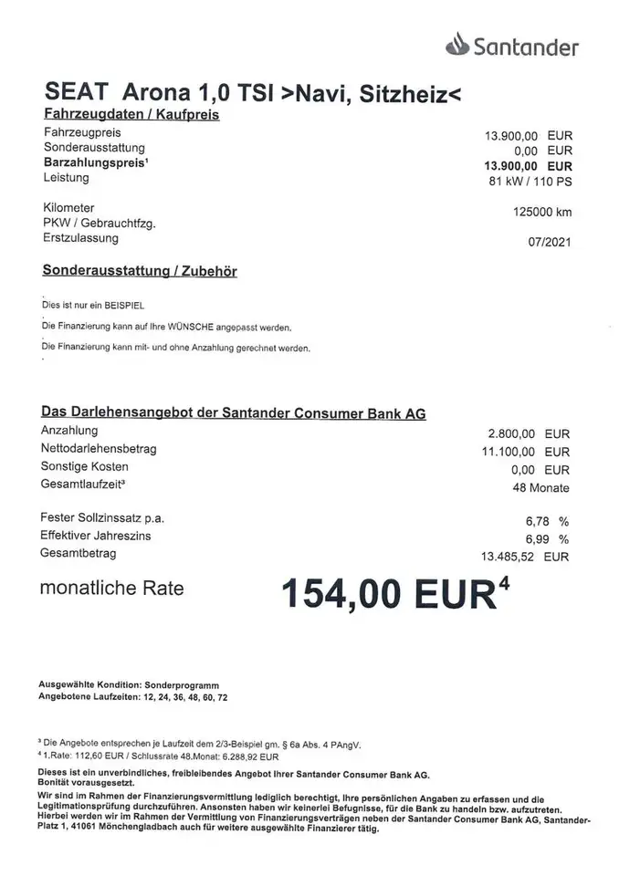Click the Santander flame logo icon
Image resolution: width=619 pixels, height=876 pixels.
point(456,44)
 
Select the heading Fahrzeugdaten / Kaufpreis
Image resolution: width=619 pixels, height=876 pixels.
point(131,115)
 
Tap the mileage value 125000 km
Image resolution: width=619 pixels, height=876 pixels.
point(544,213)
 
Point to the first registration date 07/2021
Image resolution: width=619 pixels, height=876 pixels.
point(551,244)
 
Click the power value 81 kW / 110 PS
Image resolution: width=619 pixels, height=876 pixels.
point(530,181)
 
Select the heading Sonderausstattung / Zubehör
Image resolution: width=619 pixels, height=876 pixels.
point(139,271)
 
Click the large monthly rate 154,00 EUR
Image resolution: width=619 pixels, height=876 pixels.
point(393,596)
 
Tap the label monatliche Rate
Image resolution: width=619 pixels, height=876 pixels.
point(112,589)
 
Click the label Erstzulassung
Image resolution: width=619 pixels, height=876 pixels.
point(79,238)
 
